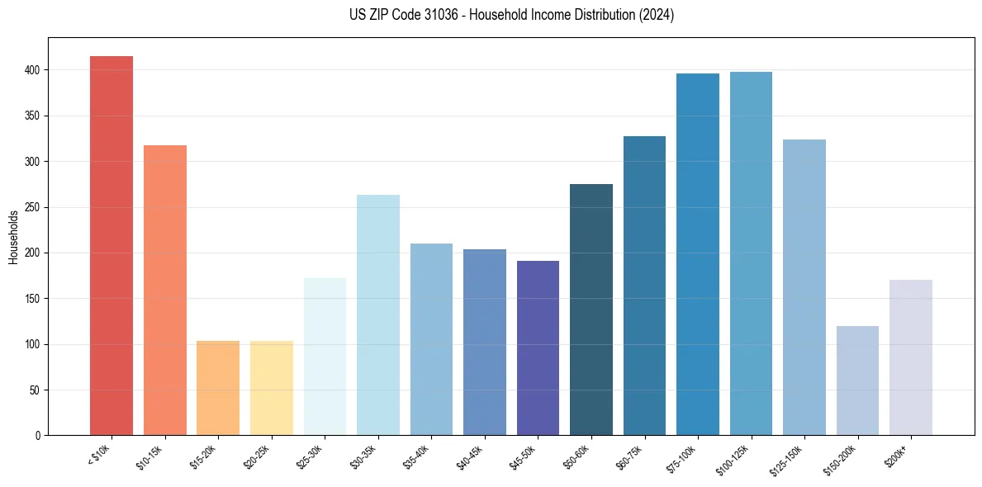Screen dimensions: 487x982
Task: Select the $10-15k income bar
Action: point(165,290)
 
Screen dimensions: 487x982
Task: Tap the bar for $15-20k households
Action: point(218,388)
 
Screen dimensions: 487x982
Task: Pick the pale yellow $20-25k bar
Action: point(272,388)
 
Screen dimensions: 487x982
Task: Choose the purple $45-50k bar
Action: point(538,348)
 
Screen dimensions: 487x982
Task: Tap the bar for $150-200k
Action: point(857,381)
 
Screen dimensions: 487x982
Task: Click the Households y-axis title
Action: point(14,237)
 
